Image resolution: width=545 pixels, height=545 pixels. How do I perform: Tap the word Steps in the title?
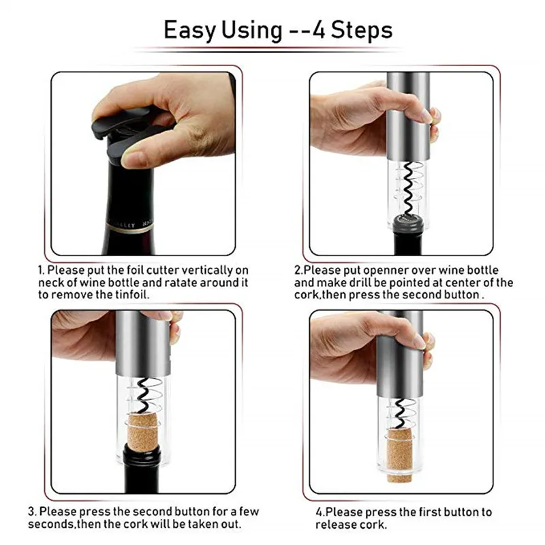point(362,30)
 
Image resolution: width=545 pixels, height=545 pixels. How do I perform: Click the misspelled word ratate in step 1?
point(181,283)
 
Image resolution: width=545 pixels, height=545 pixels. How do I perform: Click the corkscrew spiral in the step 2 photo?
point(409,189)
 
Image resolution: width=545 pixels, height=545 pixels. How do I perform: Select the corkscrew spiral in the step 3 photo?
point(145,395)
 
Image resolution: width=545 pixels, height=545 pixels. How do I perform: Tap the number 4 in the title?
point(319,30)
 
